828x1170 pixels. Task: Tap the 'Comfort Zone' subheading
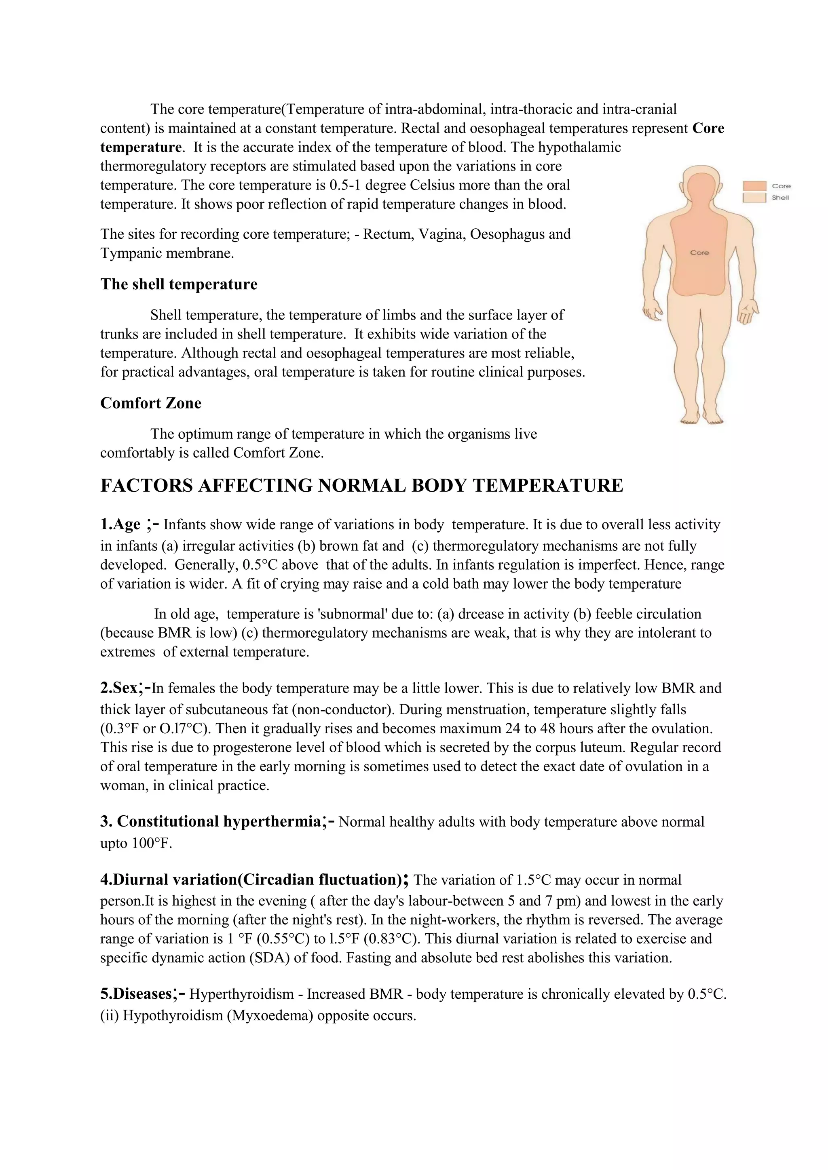150,403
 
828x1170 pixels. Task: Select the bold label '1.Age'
120,524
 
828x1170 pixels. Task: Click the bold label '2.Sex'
118,688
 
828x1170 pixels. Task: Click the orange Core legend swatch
754,186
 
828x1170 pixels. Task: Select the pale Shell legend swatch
754,198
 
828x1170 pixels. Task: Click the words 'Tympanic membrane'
166,253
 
